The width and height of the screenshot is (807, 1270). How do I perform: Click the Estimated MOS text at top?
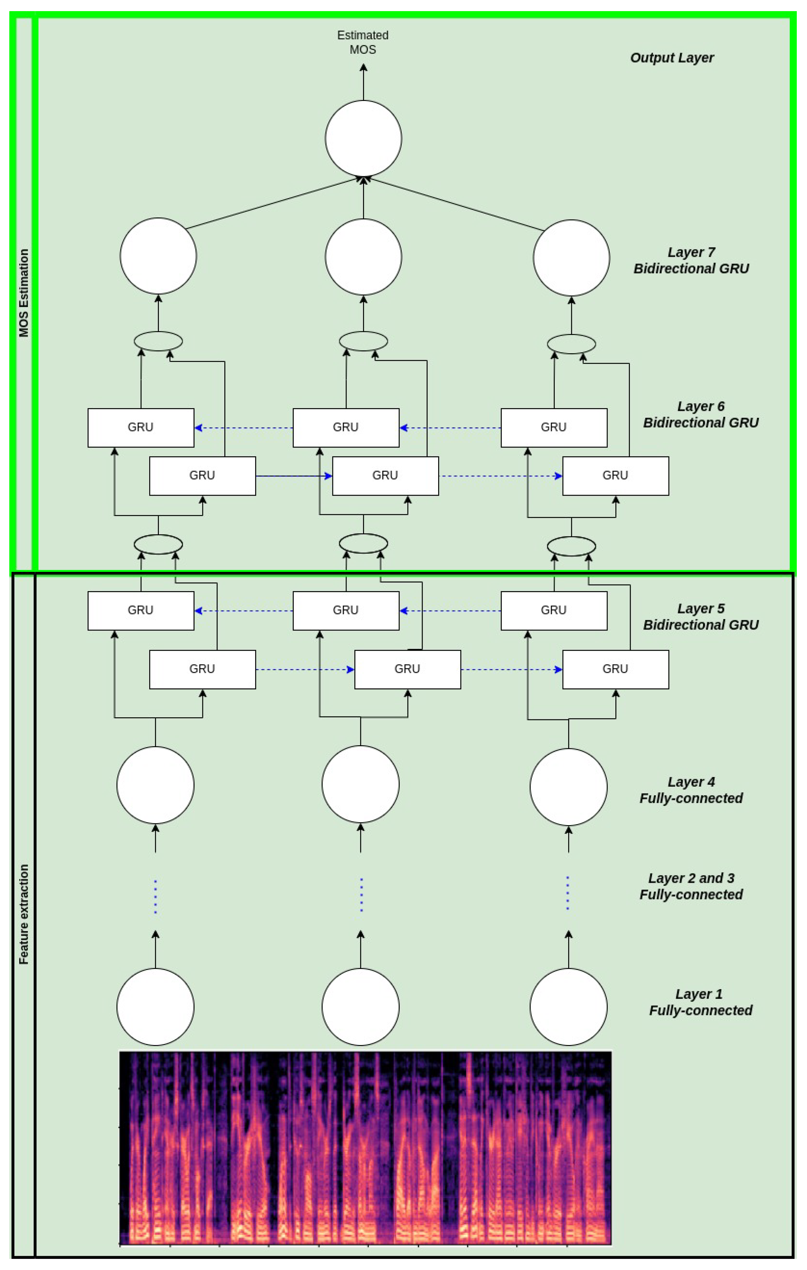click(363, 42)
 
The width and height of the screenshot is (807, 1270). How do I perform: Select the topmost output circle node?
click(363, 138)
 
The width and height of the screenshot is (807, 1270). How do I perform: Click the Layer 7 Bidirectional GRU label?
click(691, 260)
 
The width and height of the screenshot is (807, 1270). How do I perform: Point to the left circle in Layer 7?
click(158, 256)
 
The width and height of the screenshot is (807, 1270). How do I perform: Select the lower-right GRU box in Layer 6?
click(615, 476)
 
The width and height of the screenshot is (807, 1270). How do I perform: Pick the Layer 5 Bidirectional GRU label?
click(700, 617)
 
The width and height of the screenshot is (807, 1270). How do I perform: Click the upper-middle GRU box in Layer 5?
click(345, 610)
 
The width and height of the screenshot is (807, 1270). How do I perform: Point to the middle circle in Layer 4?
click(360, 784)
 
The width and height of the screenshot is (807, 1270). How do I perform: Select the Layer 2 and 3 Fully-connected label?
click(691, 887)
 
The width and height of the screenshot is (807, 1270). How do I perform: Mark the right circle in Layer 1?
click(568, 1007)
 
